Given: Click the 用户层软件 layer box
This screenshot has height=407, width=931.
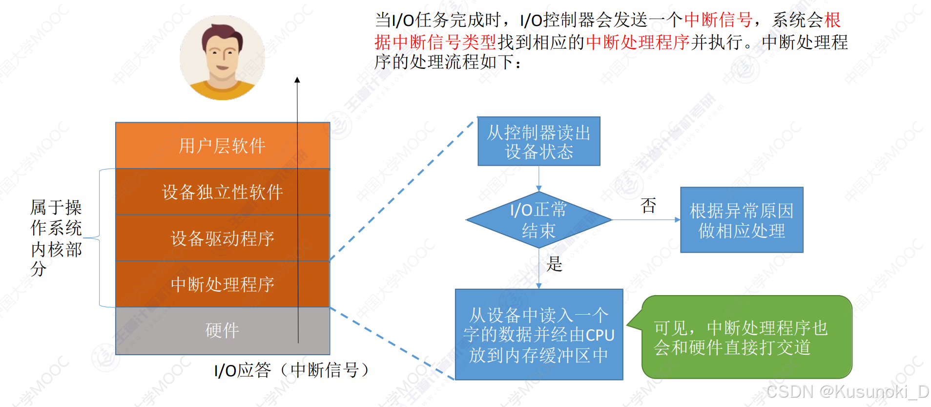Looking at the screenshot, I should click(222, 146).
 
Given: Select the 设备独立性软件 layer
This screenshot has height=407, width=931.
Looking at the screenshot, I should click(222, 192).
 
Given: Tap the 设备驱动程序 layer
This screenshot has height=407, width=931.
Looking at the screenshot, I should click(222, 238).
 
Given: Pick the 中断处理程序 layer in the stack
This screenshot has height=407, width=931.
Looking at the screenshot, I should click(222, 284).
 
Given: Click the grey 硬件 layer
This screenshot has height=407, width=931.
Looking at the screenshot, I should click(222, 330).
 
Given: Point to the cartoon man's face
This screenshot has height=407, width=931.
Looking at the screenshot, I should click(222, 54).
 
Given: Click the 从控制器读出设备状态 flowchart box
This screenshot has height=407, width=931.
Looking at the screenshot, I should click(538, 141).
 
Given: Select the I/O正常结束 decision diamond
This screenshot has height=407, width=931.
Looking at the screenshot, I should click(538, 220).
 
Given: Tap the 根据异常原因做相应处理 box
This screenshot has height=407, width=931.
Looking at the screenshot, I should click(741, 220).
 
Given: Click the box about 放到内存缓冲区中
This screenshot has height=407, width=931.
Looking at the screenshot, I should click(538, 335).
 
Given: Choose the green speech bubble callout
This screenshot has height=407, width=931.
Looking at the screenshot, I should click(747, 337).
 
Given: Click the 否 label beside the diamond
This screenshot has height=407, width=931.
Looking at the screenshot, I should click(648, 205).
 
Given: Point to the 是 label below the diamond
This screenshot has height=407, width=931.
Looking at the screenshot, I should click(555, 264).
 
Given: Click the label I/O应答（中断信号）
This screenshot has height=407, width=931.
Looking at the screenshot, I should click(291, 370).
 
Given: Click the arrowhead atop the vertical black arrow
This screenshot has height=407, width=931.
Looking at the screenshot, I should click(297, 80).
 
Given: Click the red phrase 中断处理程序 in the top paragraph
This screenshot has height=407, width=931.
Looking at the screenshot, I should click(638, 43).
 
